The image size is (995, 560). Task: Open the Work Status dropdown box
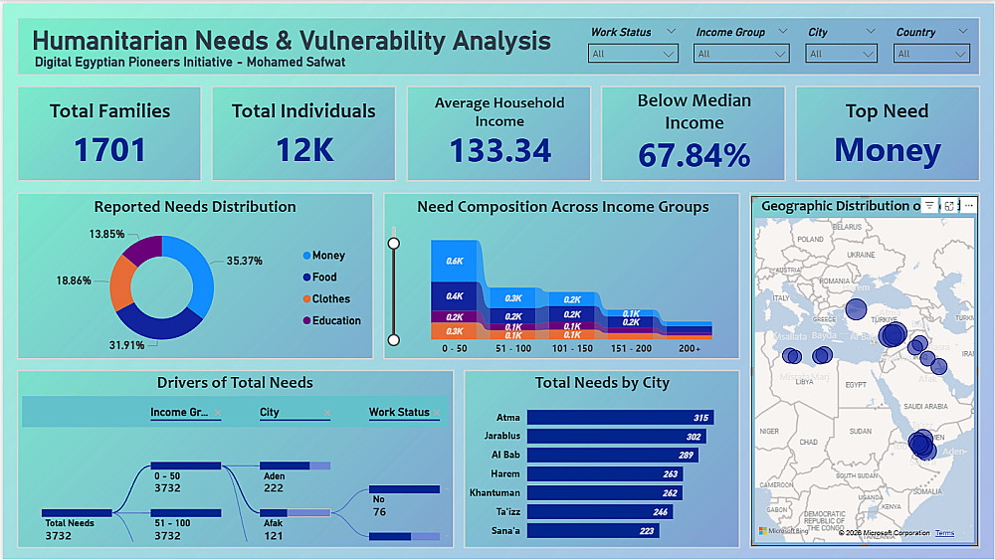(633, 54)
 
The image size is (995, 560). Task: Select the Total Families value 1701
(109, 150)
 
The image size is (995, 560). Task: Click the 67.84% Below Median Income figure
(694, 155)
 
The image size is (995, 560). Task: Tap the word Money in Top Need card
(887, 150)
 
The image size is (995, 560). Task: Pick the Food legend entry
(324, 278)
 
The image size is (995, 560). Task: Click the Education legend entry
(336, 320)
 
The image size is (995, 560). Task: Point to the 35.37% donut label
(244, 261)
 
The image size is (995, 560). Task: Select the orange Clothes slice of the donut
(122, 282)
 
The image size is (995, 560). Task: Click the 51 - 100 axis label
(514, 349)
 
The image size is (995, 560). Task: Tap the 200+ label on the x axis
(689, 349)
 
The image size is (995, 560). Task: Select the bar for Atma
(620, 418)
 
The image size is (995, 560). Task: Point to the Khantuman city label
(495, 493)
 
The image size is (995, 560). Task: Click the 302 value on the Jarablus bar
(693, 437)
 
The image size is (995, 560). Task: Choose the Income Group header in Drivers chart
(180, 412)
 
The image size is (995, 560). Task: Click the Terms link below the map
(944, 533)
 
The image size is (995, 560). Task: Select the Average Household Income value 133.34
(499, 150)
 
